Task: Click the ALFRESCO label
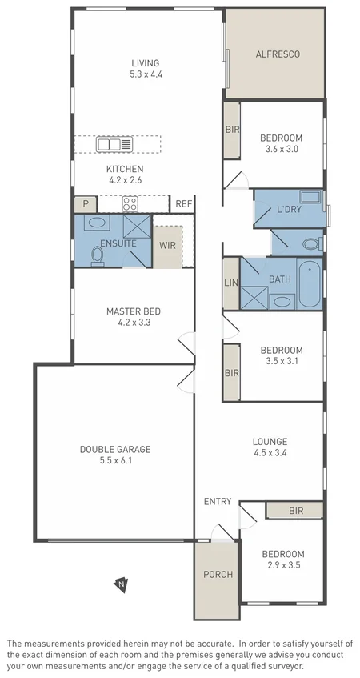pos(277,54)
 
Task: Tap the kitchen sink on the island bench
pos(115,145)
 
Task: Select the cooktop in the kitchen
pos(130,204)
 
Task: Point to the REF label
pos(183,205)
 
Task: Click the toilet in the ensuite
pos(98,255)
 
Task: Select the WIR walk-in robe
pos(167,243)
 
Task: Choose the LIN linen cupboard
pos(231,283)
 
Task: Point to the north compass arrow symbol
pos(120,584)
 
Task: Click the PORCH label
pos(216,574)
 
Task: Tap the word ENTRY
pos(218,502)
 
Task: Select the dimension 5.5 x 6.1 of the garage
pos(114,461)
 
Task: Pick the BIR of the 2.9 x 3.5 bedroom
pos(295,510)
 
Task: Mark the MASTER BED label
pos(134,311)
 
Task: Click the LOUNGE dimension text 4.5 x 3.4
pos(270,453)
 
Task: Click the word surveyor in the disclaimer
pos(284,666)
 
